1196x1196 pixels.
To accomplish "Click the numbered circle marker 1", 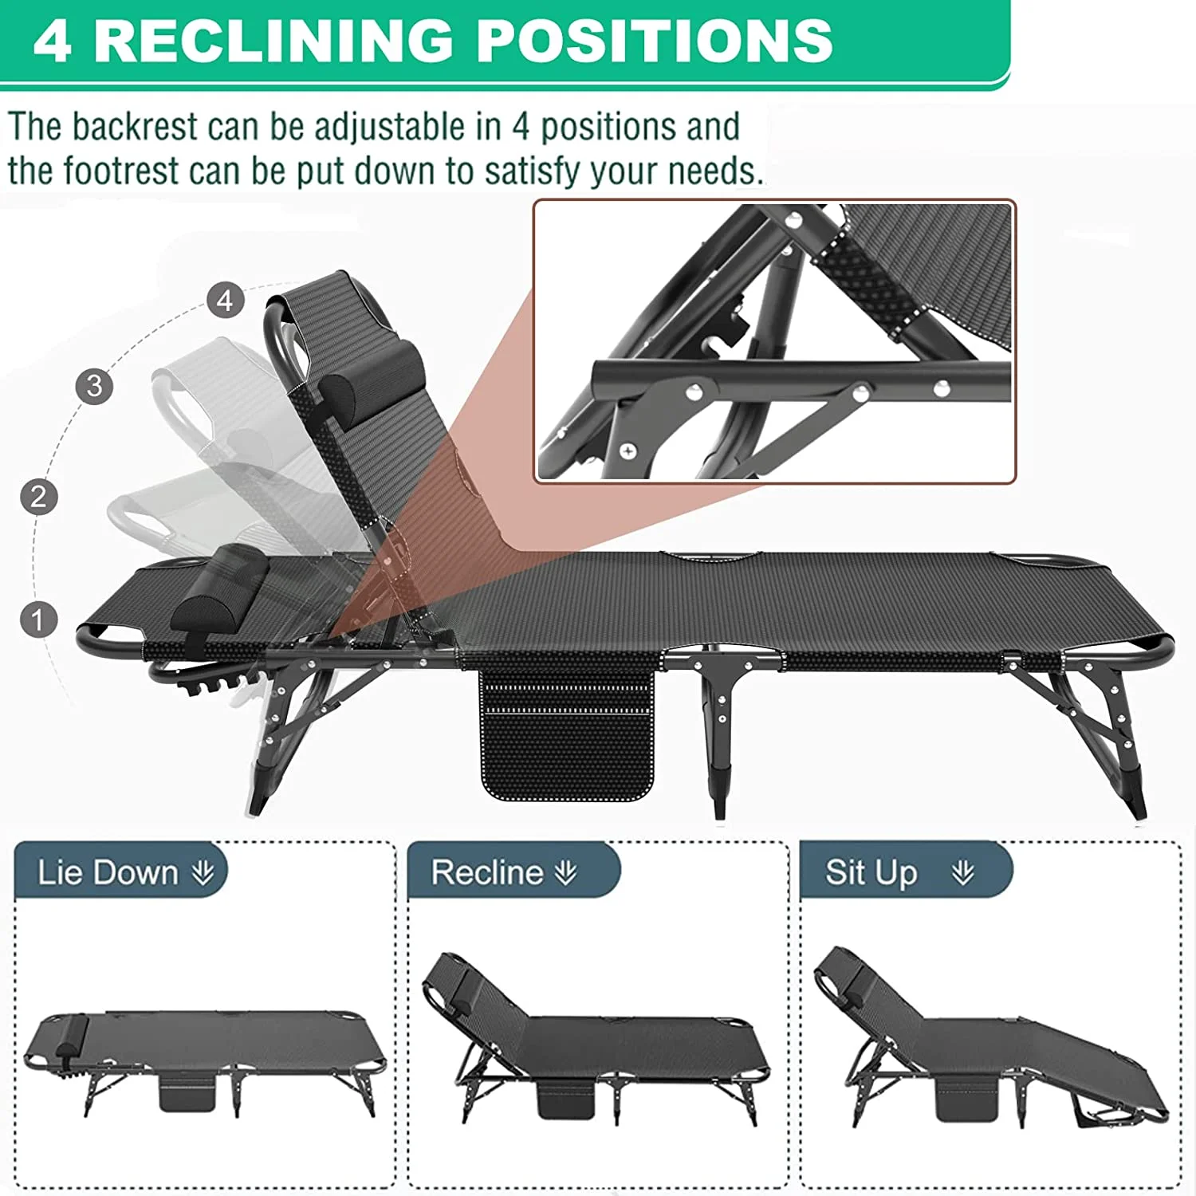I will (37, 620).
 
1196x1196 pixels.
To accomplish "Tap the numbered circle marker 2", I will (38, 496).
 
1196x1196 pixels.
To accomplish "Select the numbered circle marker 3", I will (94, 386).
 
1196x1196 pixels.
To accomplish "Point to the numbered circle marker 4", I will (226, 301).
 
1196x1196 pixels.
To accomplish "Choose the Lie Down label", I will (108, 872).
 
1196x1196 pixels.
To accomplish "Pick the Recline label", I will (487, 872).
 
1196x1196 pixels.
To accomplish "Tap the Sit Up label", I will (871, 872).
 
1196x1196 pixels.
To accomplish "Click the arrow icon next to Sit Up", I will (963, 872).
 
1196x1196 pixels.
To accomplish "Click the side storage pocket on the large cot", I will (567, 734).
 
